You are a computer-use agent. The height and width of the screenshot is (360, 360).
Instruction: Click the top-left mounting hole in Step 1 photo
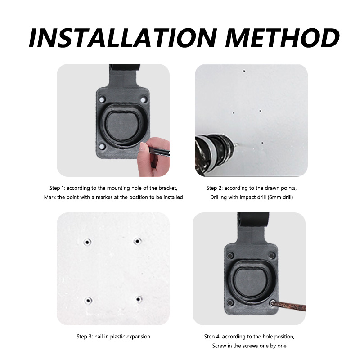click(x=102, y=98)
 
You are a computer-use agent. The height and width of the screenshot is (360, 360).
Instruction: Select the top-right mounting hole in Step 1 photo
click(x=143, y=99)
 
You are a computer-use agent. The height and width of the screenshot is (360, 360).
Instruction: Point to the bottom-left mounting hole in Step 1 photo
click(x=102, y=147)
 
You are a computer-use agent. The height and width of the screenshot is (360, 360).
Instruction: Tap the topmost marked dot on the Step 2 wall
click(x=244, y=71)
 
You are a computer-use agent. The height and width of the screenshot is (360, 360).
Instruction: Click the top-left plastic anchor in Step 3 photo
click(x=87, y=242)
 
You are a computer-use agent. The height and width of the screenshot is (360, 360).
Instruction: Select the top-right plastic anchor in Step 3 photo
click(x=137, y=242)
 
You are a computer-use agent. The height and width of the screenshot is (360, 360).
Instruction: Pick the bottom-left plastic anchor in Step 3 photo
click(x=88, y=300)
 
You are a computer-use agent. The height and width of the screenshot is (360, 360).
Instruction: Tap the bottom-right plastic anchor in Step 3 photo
click(x=139, y=299)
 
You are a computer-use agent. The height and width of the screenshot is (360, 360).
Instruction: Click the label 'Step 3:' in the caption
click(x=85, y=337)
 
